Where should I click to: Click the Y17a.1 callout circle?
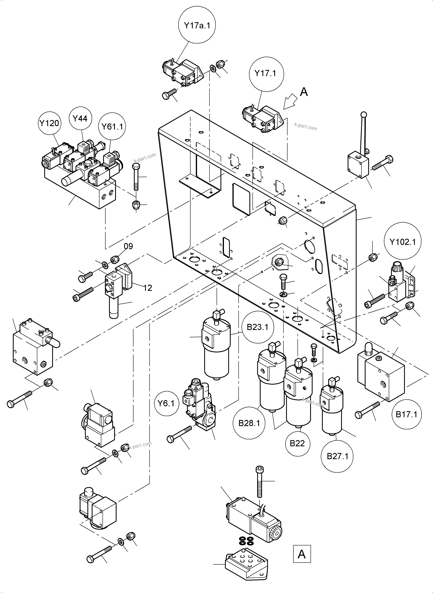click(x=197, y=26)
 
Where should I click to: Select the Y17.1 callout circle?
click(x=266, y=73)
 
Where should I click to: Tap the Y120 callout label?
click(x=50, y=123)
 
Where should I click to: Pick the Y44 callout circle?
click(x=80, y=119)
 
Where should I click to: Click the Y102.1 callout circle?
click(x=402, y=242)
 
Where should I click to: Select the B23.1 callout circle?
click(x=257, y=327)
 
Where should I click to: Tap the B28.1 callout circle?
click(x=249, y=423)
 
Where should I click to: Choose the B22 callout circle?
click(x=297, y=443)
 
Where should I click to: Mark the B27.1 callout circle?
click(x=337, y=456)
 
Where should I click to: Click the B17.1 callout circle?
click(x=406, y=414)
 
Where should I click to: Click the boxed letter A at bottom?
click(x=302, y=554)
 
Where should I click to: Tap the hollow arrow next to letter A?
click(x=290, y=103)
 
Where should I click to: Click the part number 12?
click(x=148, y=288)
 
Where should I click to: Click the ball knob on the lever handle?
click(x=364, y=114)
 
